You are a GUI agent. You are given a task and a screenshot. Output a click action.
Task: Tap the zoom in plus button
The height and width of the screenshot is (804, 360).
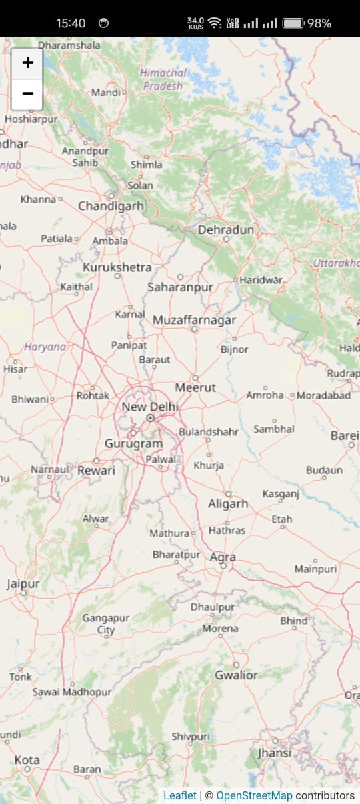pyautogui.click(x=27, y=63)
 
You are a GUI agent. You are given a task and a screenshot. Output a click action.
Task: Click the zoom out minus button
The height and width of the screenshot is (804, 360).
pyautogui.click(x=27, y=94)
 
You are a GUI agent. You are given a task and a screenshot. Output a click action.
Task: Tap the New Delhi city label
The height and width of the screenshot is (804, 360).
pyautogui.click(x=150, y=407)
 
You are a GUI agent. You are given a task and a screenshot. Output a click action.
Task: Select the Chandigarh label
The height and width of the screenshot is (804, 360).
pyautogui.click(x=111, y=206)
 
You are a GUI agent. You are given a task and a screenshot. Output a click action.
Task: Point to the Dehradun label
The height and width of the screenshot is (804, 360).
pyautogui.click(x=226, y=230)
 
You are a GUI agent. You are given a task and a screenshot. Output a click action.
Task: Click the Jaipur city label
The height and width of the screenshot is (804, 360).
pyautogui.click(x=23, y=584)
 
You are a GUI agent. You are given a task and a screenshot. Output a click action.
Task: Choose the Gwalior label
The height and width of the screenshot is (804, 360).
pyautogui.click(x=236, y=675)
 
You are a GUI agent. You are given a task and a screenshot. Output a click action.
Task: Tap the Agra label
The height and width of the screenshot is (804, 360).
pyautogui.click(x=223, y=557)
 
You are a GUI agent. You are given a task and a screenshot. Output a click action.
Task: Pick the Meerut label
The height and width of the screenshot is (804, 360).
pyautogui.click(x=195, y=387)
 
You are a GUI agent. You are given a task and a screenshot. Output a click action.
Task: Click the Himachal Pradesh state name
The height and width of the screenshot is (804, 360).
pyautogui.click(x=163, y=79)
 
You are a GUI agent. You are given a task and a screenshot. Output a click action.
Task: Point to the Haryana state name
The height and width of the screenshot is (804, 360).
pyautogui.click(x=45, y=347)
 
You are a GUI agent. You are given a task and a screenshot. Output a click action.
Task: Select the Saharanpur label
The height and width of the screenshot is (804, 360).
pyautogui.click(x=180, y=287)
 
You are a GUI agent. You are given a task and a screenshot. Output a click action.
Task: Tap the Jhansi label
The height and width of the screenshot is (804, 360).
pyautogui.click(x=275, y=753)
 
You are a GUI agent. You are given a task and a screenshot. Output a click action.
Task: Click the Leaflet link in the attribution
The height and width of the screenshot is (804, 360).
pyautogui.click(x=180, y=795)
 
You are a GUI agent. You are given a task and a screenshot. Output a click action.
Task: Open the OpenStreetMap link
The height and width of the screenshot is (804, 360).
pyautogui.click(x=254, y=795)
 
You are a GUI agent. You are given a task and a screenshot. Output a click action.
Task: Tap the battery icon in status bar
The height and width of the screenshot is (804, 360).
pyautogui.click(x=293, y=23)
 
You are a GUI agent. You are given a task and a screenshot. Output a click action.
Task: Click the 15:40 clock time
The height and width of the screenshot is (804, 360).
pyautogui.click(x=71, y=23)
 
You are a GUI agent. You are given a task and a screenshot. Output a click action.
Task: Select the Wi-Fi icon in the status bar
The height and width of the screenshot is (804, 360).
pyautogui.click(x=214, y=23)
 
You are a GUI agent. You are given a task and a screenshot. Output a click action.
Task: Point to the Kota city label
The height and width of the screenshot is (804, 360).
pyautogui.click(x=27, y=760)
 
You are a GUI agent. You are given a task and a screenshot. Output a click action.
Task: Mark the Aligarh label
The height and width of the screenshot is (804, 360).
pyautogui.click(x=228, y=504)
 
